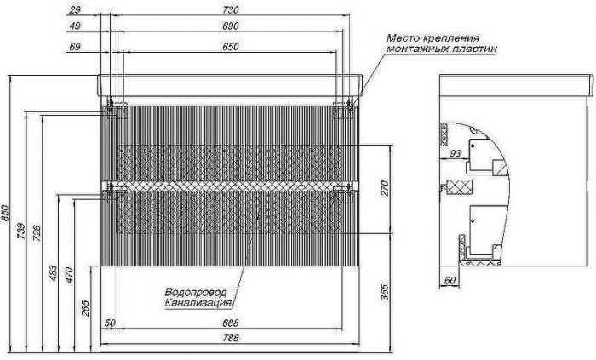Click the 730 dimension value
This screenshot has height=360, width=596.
coord(231,9)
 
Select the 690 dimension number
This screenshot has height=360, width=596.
coord(231,26)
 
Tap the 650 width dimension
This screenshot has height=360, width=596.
coord(231,47)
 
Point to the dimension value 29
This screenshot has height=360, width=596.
coord(75,9)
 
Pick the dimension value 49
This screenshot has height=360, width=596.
coord(75,26)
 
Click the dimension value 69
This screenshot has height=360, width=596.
coord(75,47)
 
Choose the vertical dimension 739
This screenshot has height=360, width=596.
coord(21,231)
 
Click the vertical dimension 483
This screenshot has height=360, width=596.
coord(53,272)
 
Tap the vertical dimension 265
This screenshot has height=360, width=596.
coord(86,308)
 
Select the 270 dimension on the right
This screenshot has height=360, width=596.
coord(386,188)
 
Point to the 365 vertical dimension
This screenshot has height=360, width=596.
coord(386,292)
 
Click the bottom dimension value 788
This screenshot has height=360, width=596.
coord(231,338)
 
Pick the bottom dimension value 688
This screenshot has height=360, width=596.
coord(231,323)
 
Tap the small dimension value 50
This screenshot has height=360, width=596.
coord(110,323)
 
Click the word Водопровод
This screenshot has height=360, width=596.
coord(196,292)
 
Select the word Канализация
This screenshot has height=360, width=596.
coord(198,303)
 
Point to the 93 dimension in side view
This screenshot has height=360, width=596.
coord(455,153)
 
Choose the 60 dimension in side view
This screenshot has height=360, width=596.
coord(450,280)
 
